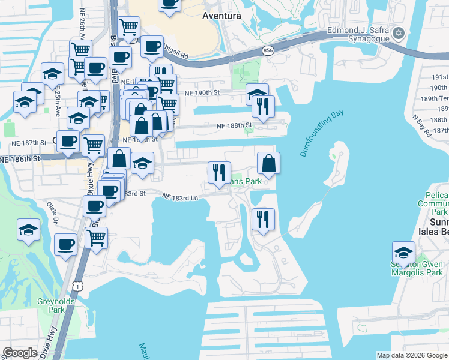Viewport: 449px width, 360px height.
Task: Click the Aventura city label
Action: (x=221, y=15)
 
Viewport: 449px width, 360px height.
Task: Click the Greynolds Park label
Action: (x=50, y=306)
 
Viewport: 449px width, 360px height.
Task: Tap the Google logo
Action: (x=20, y=353)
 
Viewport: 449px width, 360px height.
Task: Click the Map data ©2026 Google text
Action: (x=411, y=355)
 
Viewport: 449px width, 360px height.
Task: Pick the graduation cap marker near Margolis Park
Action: (x=403, y=252)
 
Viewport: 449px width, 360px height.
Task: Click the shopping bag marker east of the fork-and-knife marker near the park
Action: (x=269, y=163)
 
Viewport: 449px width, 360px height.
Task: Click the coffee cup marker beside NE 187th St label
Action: (x=68, y=142)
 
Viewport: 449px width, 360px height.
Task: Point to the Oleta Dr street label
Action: (x=52, y=212)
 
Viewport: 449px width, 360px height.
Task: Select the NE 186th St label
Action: (x=20, y=160)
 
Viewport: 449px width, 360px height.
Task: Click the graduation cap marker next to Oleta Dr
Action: (x=29, y=230)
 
